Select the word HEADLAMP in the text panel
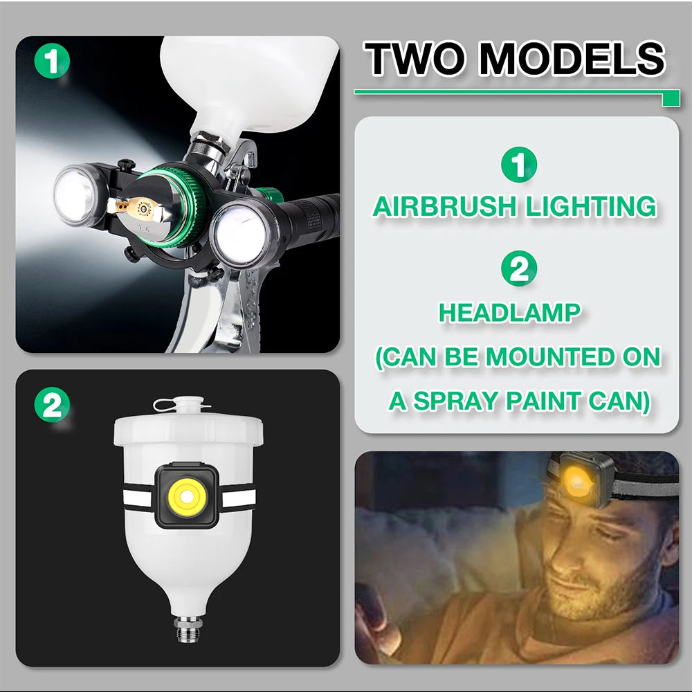click(509, 313)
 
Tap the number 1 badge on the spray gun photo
click(52, 61)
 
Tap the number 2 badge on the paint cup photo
click(52, 406)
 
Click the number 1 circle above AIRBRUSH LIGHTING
click(518, 166)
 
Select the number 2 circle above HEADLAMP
click(518, 268)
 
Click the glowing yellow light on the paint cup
click(185, 495)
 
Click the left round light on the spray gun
click(78, 195)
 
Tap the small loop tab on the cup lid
click(165, 403)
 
